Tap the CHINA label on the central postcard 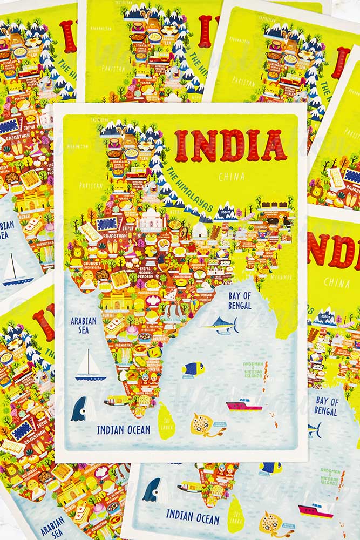pos(232,176)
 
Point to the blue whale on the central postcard pos(80,409)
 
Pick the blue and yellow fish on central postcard pos(193,368)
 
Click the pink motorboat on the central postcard pos(244,404)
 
